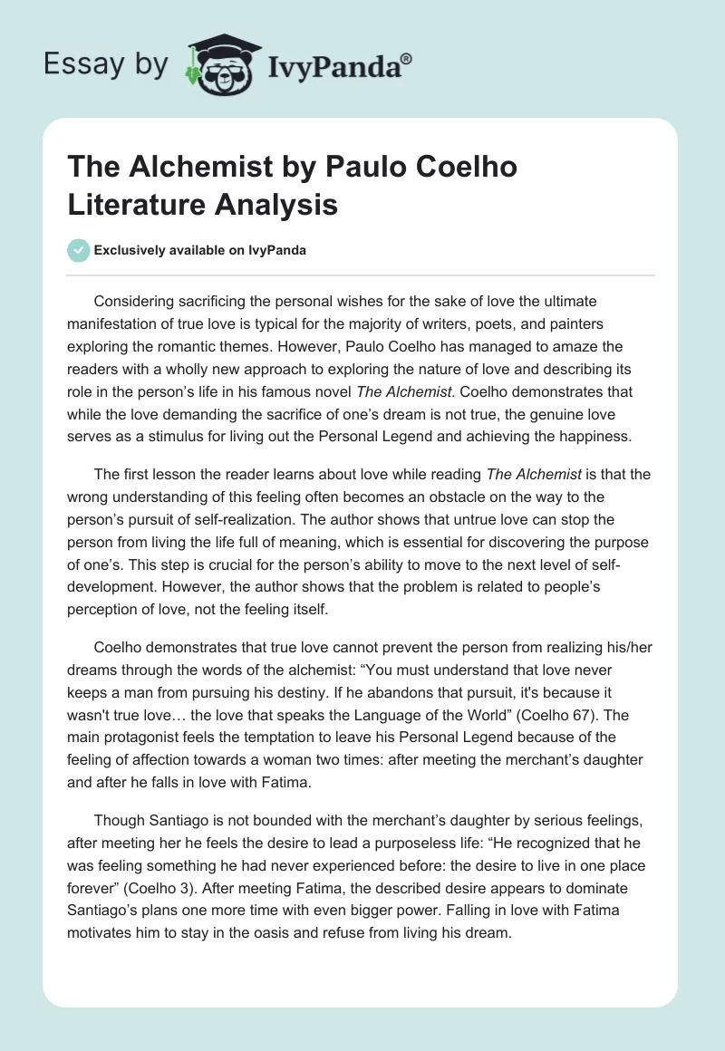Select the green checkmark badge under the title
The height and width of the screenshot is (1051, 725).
(x=79, y=250)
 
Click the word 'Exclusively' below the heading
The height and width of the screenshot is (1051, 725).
(x=130, y=250)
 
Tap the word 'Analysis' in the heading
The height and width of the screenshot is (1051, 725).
(x=282, y=204)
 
